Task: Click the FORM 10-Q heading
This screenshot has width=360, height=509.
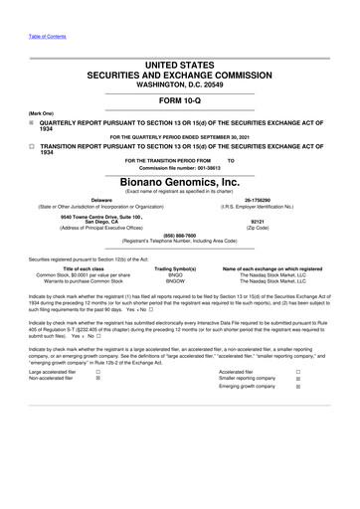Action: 180,101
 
